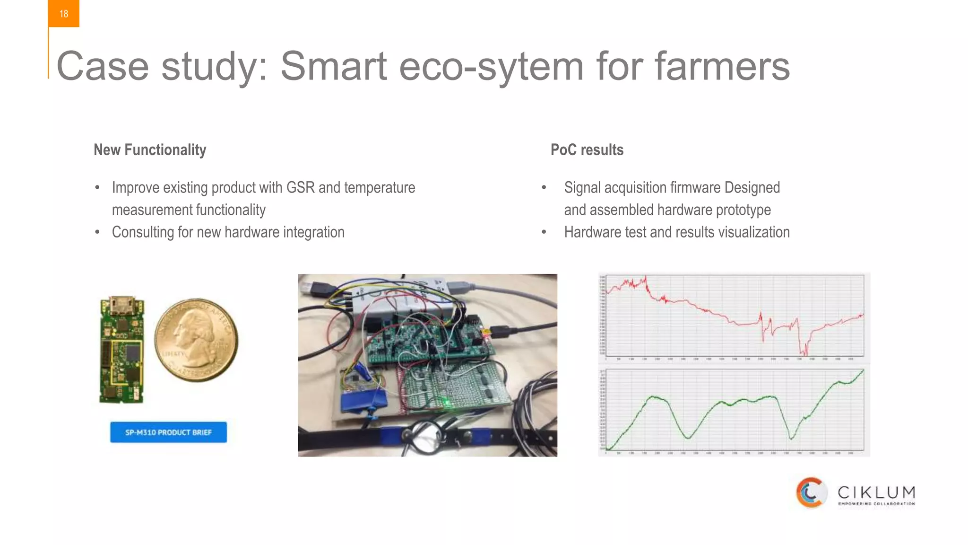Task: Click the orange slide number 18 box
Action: pyautogui.click(x=63, y=14)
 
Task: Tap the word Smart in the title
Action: pyautogui.click(x=334, y=66)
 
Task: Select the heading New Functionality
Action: pyautogui.click(x=150, y=150)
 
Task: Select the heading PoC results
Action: pyautogui.click(x=587, y=150)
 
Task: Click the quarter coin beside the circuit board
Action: pyautogui.click(x=196, y=340)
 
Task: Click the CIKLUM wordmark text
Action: pyautogui.click(x=876, y=492)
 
